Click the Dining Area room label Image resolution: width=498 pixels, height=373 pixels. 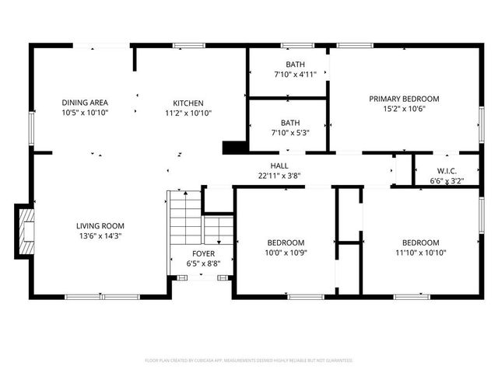[x=85, y=103]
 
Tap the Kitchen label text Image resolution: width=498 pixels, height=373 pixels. [x=188, y=103]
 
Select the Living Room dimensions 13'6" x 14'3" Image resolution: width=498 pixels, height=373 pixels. [x=100, y=235]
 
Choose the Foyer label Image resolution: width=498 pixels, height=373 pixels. [x=204, y=253]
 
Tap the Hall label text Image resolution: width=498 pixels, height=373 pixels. [x=279, y=166]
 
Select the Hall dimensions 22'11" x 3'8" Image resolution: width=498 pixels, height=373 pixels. [x=279, y=176]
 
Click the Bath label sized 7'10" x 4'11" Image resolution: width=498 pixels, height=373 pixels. [x=295, y=64]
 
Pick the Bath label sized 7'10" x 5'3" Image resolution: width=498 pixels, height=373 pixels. [x=290, y=123]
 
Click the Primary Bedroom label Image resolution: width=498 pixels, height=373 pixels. [x=404, y=99]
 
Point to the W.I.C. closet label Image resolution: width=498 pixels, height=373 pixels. [x=446, y=170]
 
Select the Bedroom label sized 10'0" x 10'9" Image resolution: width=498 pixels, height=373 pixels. [x=286, y=242]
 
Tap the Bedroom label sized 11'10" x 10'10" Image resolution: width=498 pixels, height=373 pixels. [x=420, y=242]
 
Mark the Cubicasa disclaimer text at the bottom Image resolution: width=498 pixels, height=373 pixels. [x=249, y=361]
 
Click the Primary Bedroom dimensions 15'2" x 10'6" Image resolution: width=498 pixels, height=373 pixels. [x=404, y=109]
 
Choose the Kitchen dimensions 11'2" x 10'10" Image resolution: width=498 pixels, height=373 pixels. [x=188, y=113]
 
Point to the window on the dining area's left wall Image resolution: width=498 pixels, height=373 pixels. [x=31, y=128]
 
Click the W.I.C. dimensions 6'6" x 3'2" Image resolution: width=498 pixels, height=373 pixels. [x=446, y=180]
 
